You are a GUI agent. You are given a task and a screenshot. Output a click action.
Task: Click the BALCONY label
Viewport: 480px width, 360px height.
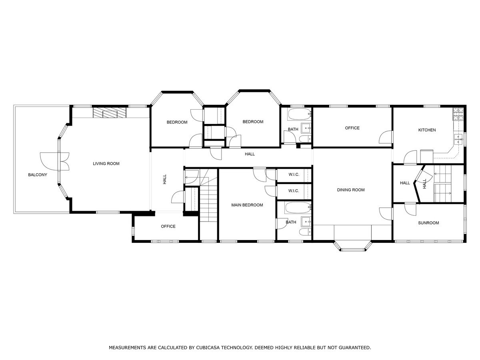38,175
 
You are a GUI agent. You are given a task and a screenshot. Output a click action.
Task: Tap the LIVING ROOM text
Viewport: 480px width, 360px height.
106,164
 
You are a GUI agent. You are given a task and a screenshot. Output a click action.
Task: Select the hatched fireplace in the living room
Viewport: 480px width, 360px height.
110,113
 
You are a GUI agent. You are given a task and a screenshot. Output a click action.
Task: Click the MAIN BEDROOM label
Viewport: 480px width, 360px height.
247,205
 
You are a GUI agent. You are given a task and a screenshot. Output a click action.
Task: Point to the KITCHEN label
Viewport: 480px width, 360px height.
427,130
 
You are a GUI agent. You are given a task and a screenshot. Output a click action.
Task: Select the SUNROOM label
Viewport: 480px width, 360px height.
428,223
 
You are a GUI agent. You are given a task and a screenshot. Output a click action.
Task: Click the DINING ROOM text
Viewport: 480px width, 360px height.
351,190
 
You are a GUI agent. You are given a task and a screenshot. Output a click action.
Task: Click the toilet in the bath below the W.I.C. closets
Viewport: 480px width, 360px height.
304,233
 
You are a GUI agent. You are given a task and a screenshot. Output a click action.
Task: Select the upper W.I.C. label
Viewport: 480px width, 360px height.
294,175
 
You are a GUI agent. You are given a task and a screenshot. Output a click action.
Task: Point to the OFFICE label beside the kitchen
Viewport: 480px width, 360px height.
352,128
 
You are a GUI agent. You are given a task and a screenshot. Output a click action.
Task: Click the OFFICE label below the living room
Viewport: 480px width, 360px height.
168,226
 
